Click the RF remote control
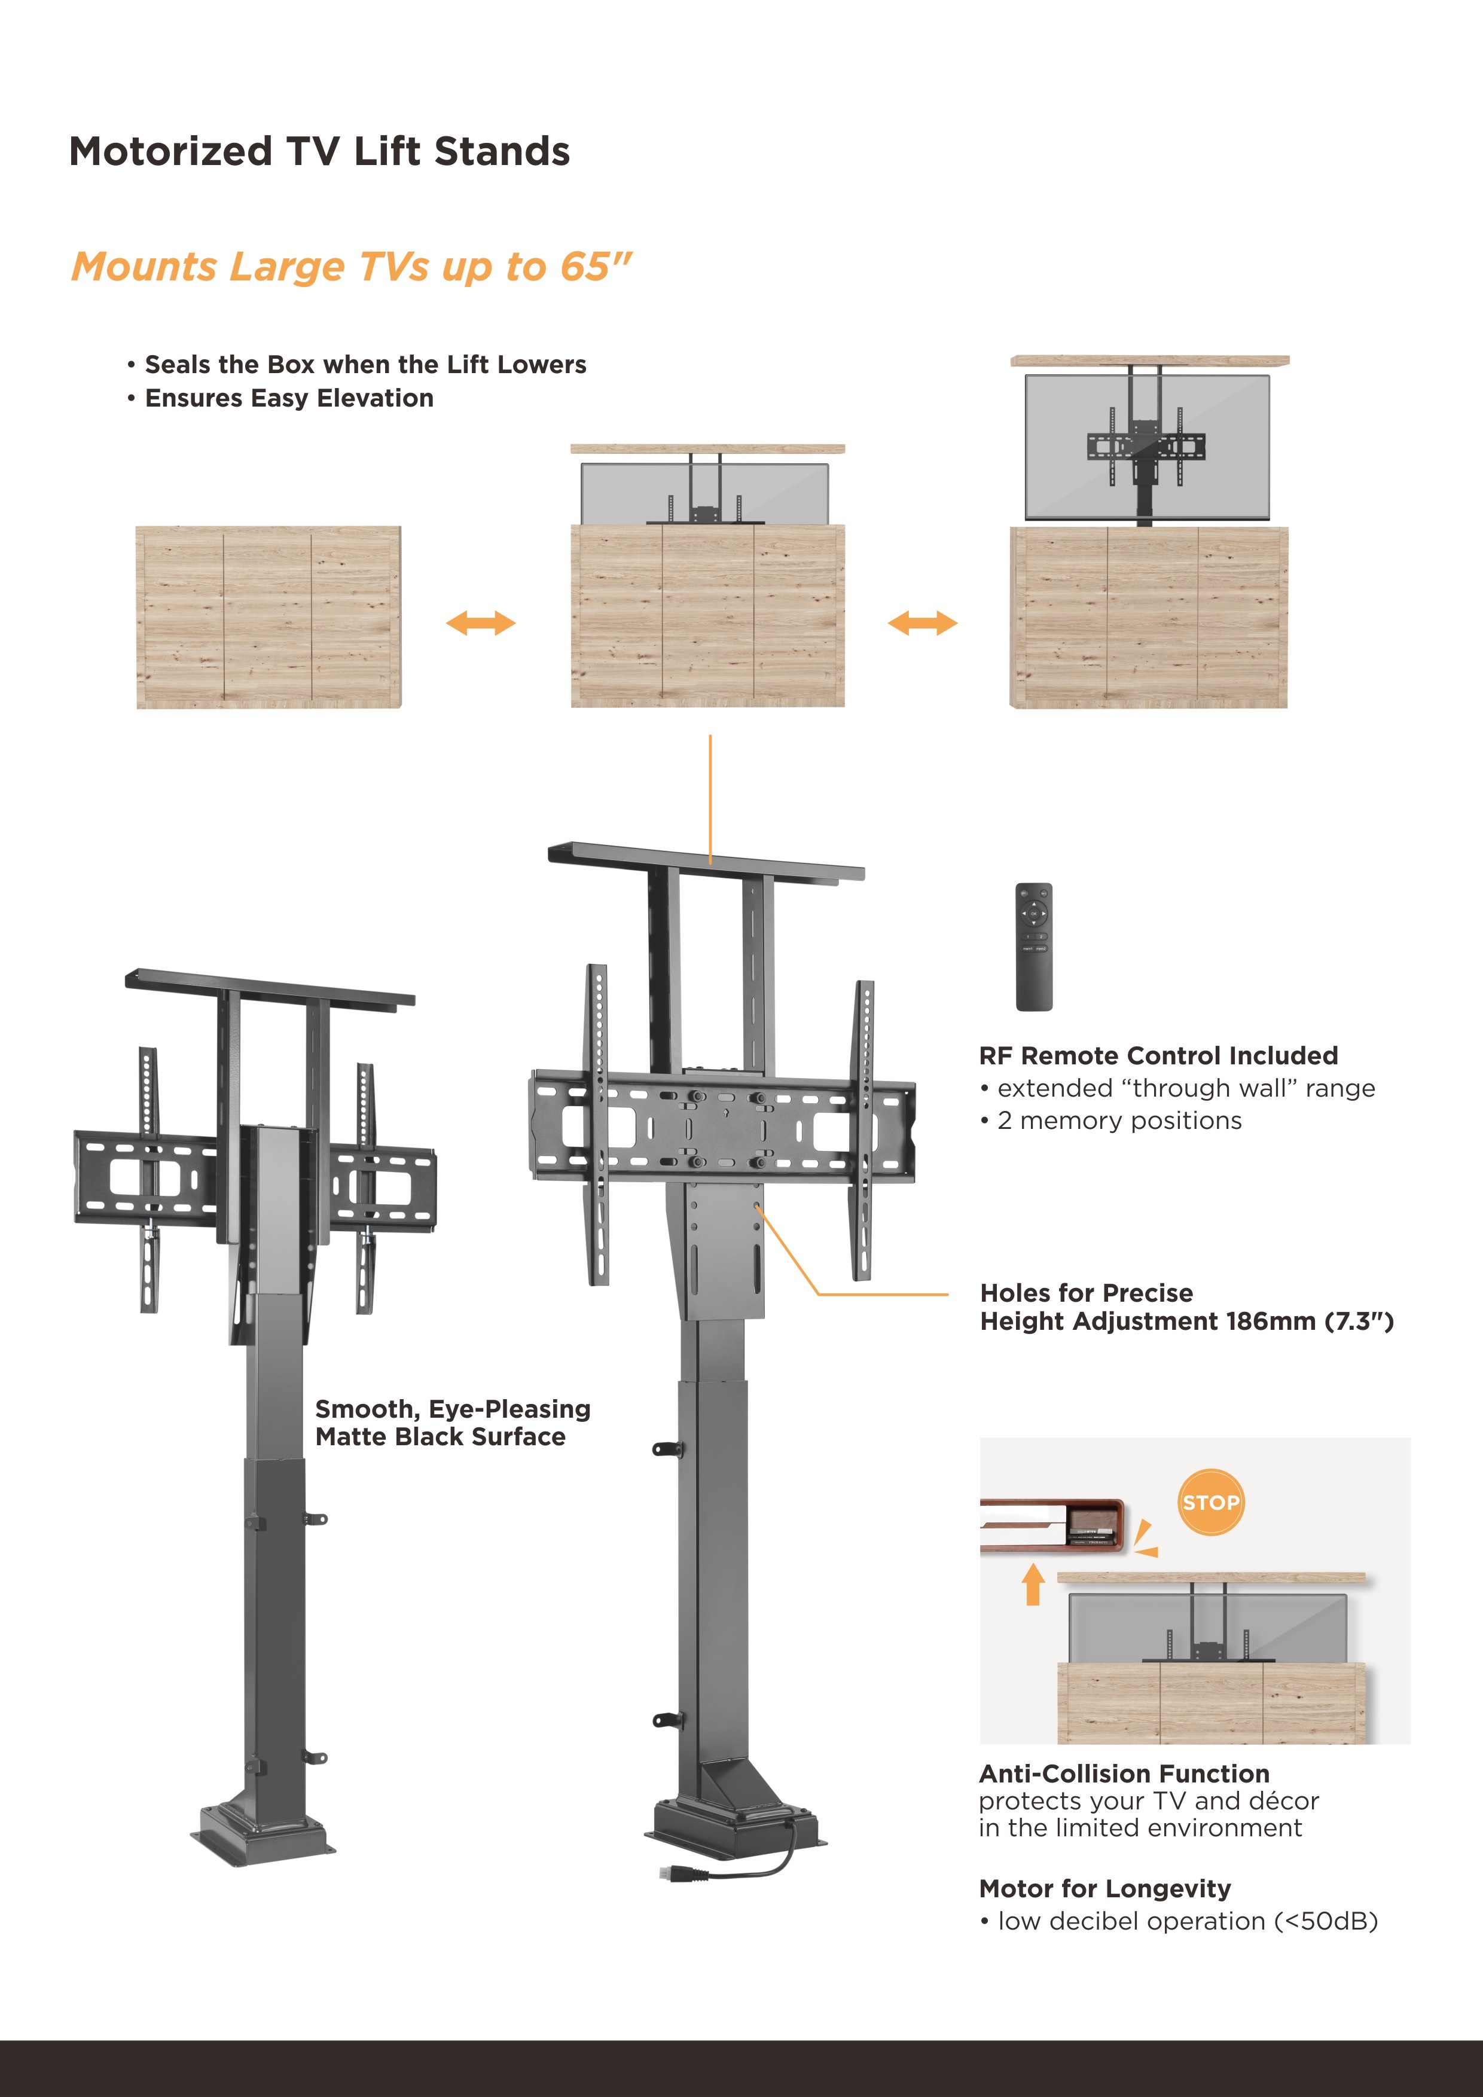click(x=1034, y=946)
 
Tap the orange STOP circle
click(x=1210, y=1503)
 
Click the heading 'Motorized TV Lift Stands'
click(x=319, y=152)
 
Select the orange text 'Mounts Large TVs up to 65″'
click(x=352, y=267)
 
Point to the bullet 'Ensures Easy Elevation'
click(x=281, y=398)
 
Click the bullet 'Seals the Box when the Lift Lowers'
click(x=357, y=364)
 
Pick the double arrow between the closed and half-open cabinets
click(x=480, y=624)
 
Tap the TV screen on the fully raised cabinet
click(x=1147, y=447)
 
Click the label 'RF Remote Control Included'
click(x=1158, y=1056)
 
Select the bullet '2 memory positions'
click(x=1110, y=1121)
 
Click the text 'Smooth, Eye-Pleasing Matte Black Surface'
click(x=453, y=1422)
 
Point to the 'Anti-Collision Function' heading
click(x=1124, y=1774)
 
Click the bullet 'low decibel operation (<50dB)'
click(x=1178, y=1921)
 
